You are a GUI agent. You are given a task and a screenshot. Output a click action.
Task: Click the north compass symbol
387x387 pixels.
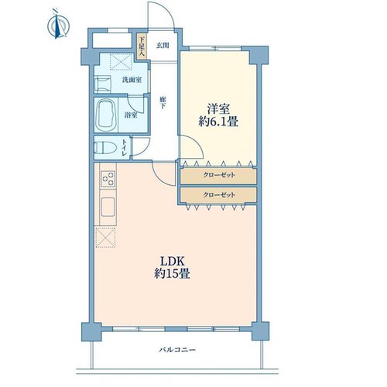coord(58,24)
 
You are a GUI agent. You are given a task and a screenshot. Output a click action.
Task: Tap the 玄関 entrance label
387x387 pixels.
coord(163,46)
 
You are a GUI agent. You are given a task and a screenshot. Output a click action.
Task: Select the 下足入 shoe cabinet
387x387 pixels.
coord(142,46)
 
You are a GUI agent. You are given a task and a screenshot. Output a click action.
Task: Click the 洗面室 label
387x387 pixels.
coord(132,80)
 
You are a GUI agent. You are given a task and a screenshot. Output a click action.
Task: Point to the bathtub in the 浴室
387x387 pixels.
coord(106,115)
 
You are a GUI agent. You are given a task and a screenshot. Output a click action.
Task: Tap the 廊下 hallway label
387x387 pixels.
coord(163,103)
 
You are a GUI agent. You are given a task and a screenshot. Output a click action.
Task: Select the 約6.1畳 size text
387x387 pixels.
coord(218,122)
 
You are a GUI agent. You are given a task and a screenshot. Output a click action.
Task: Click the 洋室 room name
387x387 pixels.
coord(218,108)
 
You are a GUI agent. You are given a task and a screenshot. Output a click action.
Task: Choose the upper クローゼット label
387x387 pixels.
coord(219,175)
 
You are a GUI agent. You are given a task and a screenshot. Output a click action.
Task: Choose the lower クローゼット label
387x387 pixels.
coord(219,194)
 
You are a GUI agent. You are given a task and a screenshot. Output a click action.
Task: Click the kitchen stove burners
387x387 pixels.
coord(108,178)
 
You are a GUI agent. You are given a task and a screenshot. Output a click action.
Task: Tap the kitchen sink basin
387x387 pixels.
coord(108,207)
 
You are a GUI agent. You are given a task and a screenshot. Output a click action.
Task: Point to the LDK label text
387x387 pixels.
coord(173,262)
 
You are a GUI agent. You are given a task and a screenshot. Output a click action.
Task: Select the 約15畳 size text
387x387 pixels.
coord(173,274)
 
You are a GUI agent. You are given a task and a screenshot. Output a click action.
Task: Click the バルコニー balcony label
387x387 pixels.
coord(177,350)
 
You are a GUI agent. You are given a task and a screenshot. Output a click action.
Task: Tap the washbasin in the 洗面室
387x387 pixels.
coord(103,84)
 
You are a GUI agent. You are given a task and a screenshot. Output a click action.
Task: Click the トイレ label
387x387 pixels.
coord(125,148)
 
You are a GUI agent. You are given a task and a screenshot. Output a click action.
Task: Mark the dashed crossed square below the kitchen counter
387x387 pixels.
coord(105,238)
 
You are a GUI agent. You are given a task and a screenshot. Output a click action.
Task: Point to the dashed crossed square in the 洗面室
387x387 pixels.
coord(122,62)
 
